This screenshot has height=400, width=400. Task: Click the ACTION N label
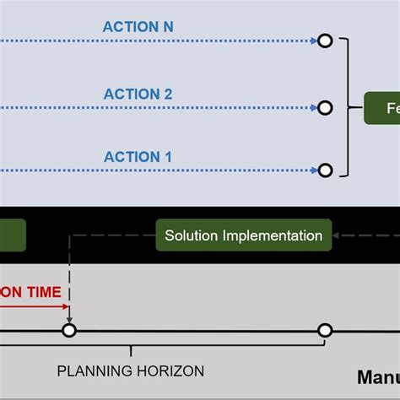click(x=138, y=27)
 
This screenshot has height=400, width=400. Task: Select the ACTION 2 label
click(x=138, y=95)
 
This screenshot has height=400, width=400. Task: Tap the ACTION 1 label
click(x=138, y=157)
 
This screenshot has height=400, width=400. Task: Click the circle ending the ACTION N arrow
click(x=324, y=41)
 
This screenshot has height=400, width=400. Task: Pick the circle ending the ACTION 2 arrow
click(x=324, y=107)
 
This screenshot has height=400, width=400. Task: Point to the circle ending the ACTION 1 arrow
click(x=324, y=170)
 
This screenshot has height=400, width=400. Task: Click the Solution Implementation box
click(x=243, y=235)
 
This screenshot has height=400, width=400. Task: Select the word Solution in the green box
click(x=192, y=235)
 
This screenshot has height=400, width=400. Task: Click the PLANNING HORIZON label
click(x=130, y=370)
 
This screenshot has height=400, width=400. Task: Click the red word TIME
click(x=42, y=292)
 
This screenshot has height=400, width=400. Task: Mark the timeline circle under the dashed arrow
click(x=69, y=330)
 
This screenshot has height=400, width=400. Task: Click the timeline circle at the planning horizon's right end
click(x=324, y=330)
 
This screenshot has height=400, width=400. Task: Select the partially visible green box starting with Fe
click(x=381, y=108)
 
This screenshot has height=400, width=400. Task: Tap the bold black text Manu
click(x=377, y=376)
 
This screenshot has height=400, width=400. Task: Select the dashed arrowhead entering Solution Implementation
click(x=337, y=235)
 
